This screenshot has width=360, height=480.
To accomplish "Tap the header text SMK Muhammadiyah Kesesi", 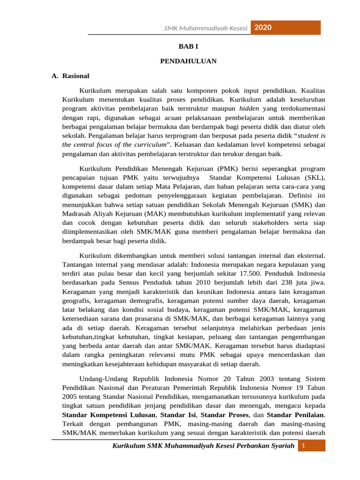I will [205, 28].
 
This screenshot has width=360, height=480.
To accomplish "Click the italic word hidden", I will [243, 108].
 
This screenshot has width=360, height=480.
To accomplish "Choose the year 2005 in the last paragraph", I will [70, 397].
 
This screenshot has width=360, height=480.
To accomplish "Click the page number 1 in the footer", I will [303, 445].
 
